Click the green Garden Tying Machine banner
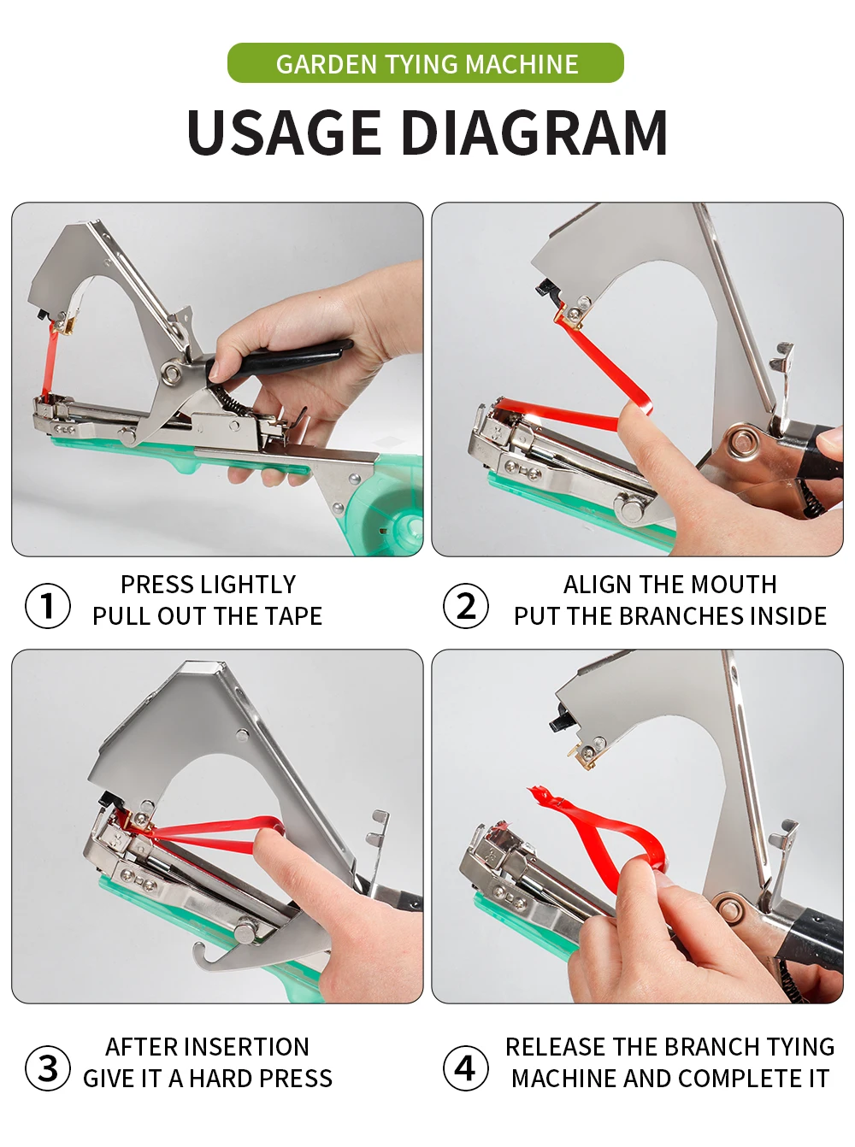click(426, 63)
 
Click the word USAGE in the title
click(284, 132)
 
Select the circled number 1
click(48, 606)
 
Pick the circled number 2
click(466, 606)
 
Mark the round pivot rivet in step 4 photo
click(730, 909)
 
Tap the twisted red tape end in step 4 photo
click(542, 799)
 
